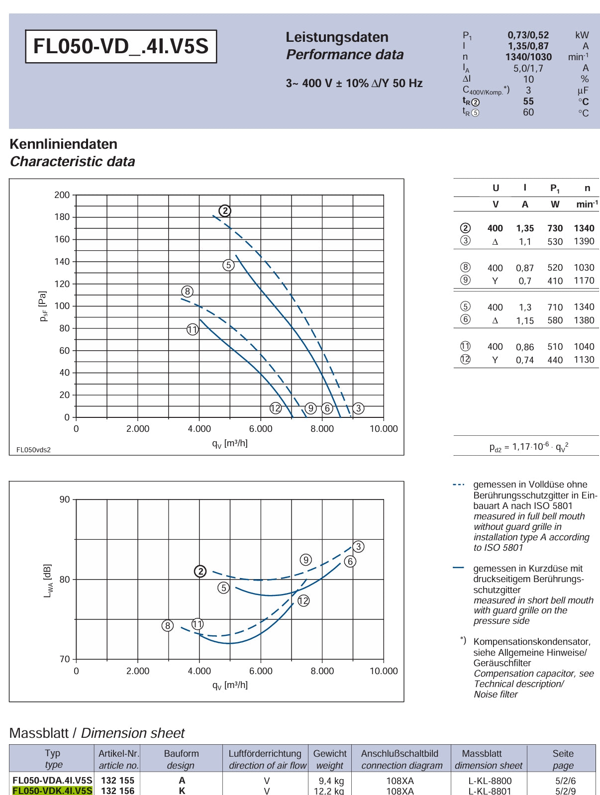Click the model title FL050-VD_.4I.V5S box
(x=121, y=46)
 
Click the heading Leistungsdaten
(x=337, y=37)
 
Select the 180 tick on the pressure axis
(x=62, y=217)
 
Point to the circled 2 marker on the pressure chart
(x=225, y=211)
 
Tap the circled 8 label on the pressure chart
(x=187, y=292)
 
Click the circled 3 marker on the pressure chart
(x=358, y=408)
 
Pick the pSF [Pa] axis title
(x=43, y=306)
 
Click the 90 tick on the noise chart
(x=65, y=499)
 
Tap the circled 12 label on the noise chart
(x=303, y=601)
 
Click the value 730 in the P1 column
(x=555, y=228)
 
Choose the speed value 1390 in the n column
(x=584, y=241)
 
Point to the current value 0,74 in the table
(x=525, y=360)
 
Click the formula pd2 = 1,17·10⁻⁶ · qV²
(x=529, y=447)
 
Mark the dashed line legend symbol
(x=459, y=485)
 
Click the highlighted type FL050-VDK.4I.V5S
(x=52, y=791)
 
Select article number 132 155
(x=118, y=781)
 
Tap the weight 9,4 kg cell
(x=331, y=781)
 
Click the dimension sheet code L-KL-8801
(x=490, y=791)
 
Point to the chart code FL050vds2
(x=33, y=450)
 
